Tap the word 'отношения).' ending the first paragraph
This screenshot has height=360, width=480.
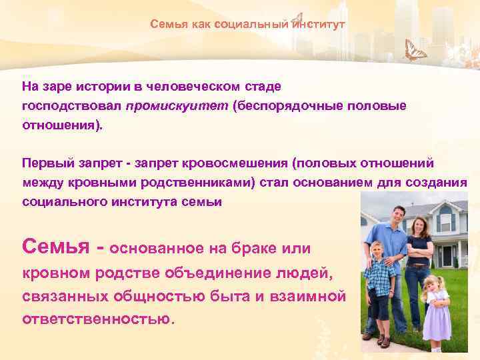[x=63, y=125]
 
